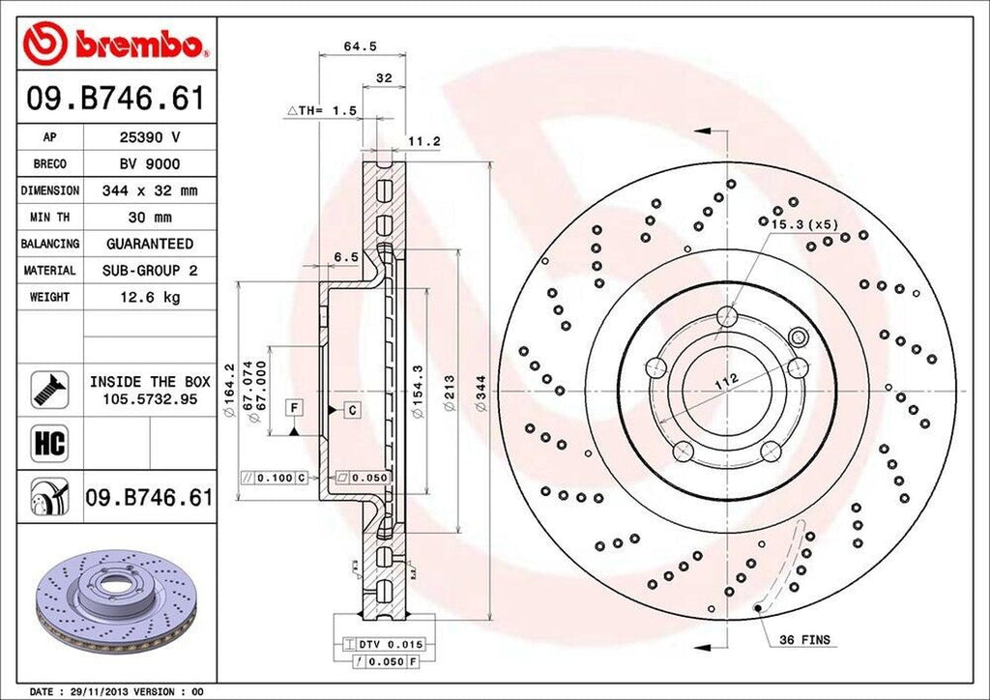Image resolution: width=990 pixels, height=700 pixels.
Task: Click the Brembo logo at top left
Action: pos(116,44)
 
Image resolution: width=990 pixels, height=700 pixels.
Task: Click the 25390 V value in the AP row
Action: pos(150,138)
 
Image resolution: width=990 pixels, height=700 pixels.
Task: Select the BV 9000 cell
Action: pos(150,164)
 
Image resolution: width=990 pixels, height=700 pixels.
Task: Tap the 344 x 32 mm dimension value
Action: pos(150,191)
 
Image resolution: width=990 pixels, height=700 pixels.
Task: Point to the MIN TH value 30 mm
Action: pos(150,218)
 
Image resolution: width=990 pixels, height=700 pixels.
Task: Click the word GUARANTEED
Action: pos(150,244)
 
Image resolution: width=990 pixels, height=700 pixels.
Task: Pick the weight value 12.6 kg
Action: pos(150,297)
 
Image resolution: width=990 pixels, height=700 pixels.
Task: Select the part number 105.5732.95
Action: pos(150,398)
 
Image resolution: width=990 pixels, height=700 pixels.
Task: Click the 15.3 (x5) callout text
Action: pos(804,223)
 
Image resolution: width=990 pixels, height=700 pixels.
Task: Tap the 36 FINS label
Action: pos(805,640)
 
